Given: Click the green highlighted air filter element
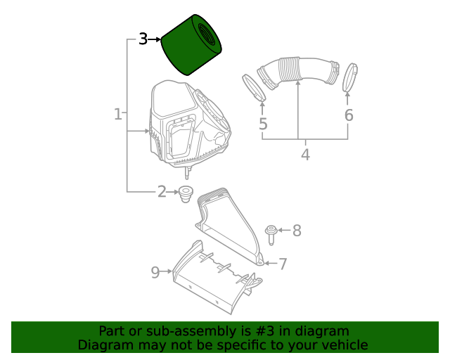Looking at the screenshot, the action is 191,45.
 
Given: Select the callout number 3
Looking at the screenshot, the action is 143,39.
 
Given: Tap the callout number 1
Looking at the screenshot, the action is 118,114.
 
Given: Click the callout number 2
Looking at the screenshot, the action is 162,191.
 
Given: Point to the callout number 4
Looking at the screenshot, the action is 306,155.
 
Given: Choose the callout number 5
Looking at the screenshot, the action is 263,124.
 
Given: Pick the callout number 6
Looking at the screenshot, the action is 349,115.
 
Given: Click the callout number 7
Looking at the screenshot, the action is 283,264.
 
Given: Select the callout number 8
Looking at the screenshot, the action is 297,231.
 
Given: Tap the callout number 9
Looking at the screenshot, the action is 155,272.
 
